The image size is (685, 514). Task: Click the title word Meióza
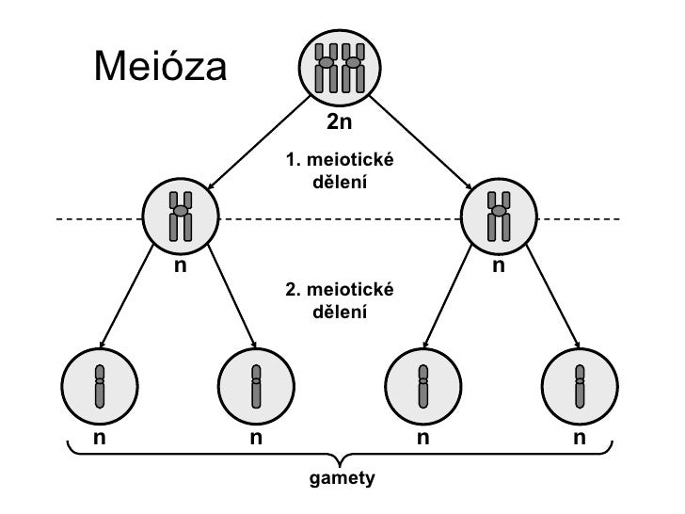tap(160, 68)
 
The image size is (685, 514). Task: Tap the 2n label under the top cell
tap(340, 122)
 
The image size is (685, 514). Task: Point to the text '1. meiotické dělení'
tap(339, 171)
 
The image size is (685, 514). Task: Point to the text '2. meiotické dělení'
tap(339, 298)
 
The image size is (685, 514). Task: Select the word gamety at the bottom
tap(342, 478)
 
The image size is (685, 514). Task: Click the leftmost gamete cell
tap(99, 384)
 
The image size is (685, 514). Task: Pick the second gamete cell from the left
tap(255, 384)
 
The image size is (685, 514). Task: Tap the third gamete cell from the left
tap(423, 384)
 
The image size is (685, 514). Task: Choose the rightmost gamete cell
tap(581, 384)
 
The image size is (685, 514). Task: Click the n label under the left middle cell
tap(181, 266)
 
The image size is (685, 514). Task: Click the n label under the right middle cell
tap(499, 266)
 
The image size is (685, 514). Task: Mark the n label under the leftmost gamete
tap(99, 438)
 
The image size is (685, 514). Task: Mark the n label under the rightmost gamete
tap(581, 438)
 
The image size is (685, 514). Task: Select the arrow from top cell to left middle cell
tap(259, 141)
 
